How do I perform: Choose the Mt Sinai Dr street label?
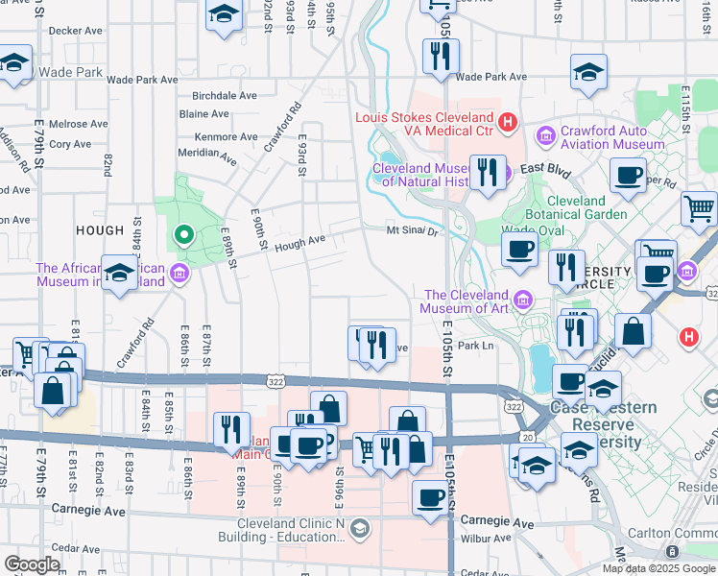412,230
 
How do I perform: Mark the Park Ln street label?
475,346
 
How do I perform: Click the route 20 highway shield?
528,437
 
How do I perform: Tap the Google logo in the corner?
33,564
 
